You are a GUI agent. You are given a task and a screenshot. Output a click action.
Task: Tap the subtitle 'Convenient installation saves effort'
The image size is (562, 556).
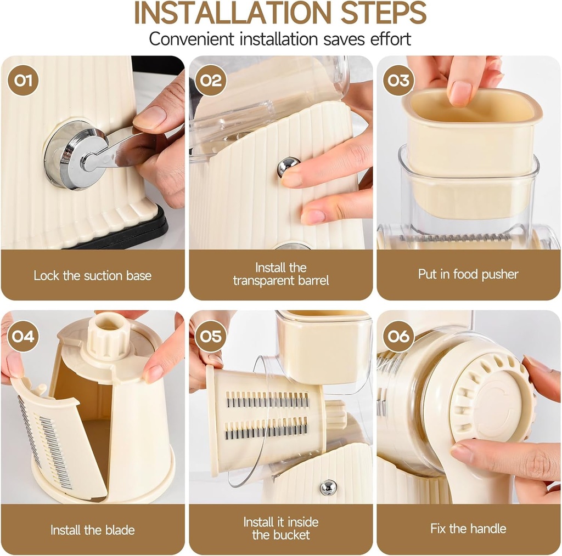click(280, 39)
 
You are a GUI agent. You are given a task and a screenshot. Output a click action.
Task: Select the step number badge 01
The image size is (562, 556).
click(23, 81)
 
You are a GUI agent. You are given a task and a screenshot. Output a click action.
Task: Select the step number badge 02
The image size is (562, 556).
click(211, 81)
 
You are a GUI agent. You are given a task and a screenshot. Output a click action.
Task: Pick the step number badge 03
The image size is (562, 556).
click(399, 81)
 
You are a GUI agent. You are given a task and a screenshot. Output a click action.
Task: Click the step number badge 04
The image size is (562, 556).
click(23, 336)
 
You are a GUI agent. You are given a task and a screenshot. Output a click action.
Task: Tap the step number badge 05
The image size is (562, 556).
click(211, 336)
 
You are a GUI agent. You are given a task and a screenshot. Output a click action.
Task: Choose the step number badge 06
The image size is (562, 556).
click(399, 336)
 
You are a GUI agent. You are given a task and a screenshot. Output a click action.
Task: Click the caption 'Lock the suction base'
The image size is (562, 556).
click(92, 275)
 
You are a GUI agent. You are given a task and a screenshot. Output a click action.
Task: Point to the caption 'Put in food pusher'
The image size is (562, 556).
click(468, 274)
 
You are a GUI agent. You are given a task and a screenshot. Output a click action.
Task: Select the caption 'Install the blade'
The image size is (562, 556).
click(92, 530)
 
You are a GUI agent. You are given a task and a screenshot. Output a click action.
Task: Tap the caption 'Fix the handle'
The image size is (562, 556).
click(468, 529)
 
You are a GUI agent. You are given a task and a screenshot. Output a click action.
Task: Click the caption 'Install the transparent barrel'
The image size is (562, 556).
click(280, 274)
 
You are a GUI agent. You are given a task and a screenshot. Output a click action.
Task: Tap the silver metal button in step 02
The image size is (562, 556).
click(288, 166)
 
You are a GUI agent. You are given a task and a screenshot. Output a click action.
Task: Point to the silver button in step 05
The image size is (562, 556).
click(328, 487)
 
